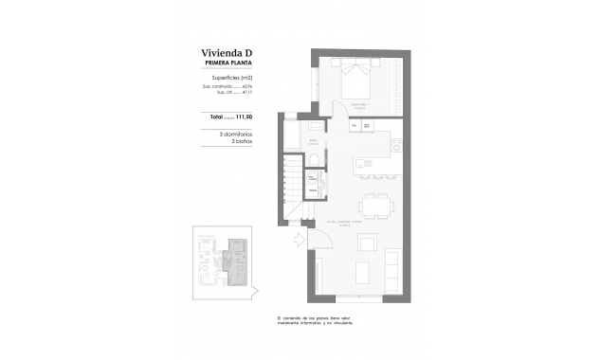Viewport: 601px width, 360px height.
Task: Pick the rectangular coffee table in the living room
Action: click(x=363, y=273)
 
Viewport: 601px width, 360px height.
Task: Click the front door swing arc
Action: click(x=320, y=240)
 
